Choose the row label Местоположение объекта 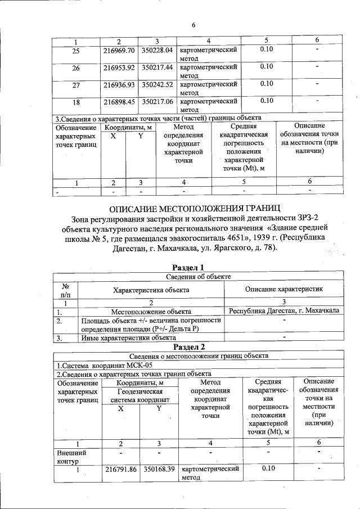click(x=151, y=311)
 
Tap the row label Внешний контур click(x=68, y=457)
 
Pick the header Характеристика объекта click(x=151, y=290)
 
